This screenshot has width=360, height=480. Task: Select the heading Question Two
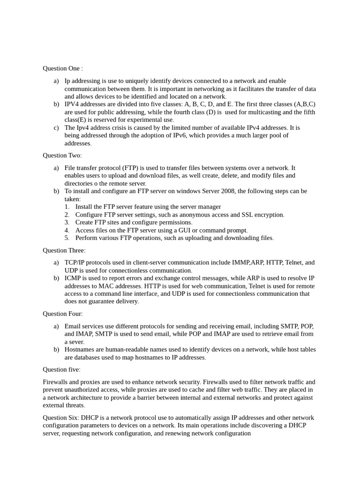pos(62,156)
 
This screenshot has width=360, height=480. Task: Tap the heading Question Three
pos(64,250)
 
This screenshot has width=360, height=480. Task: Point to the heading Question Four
pos(63,314)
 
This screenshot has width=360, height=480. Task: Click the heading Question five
pos(61,369)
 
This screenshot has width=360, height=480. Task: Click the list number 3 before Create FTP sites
pos(67,223)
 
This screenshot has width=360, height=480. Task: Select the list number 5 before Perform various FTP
pos(67,238)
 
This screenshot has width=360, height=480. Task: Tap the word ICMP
pos(74,278)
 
